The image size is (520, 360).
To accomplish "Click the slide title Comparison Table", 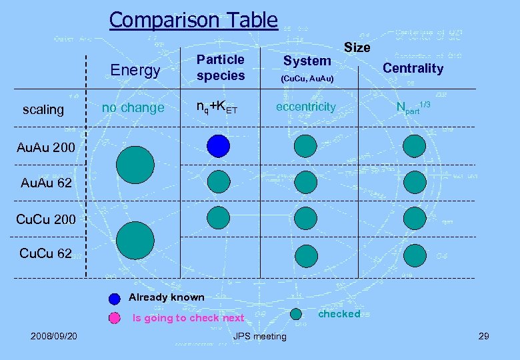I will click(193, 20).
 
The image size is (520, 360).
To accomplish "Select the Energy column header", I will click(135, 70).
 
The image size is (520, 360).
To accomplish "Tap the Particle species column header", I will click(221, 67).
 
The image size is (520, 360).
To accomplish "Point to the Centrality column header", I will click(413, 68).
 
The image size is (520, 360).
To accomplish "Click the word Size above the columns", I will click(357, 47).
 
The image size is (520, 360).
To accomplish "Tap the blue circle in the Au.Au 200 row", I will click(218, 145).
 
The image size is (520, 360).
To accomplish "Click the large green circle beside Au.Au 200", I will click(135, 165).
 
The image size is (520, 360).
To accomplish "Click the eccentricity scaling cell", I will click(307, 107).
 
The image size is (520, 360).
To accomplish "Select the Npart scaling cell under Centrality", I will click(413, 107).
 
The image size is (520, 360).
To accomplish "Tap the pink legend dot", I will click(115, 318).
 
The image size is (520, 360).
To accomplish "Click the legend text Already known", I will click(166, 297).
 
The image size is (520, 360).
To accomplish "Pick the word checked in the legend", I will click(339, 314).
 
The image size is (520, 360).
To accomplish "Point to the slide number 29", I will click(483, 335).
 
